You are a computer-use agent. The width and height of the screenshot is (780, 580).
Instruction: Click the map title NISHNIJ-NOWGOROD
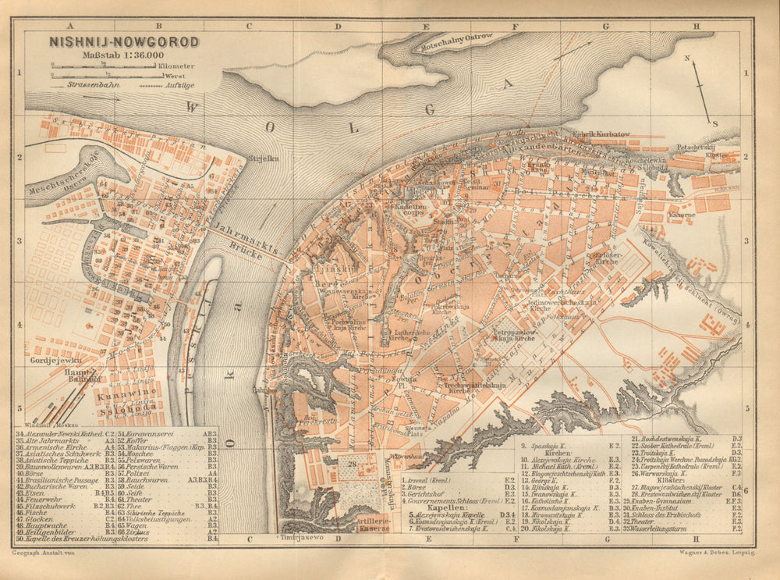[124, 41]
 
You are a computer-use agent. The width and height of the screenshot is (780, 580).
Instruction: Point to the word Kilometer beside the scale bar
[177, 66]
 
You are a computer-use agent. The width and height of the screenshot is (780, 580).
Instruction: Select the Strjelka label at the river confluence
[263, 159]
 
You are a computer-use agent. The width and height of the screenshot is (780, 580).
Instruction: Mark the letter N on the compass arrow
[687, 59]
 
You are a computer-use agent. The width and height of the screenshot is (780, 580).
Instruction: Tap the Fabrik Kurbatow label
[601, 134]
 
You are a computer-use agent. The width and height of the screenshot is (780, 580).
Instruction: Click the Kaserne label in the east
[680, 214]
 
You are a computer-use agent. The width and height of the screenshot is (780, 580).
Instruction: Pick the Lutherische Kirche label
[399, 334]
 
